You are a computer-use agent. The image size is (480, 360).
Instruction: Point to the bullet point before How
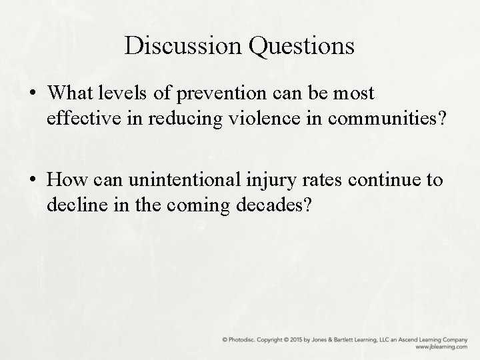pos(32,180)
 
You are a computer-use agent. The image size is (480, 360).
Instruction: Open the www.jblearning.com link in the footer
pos(441,347)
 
